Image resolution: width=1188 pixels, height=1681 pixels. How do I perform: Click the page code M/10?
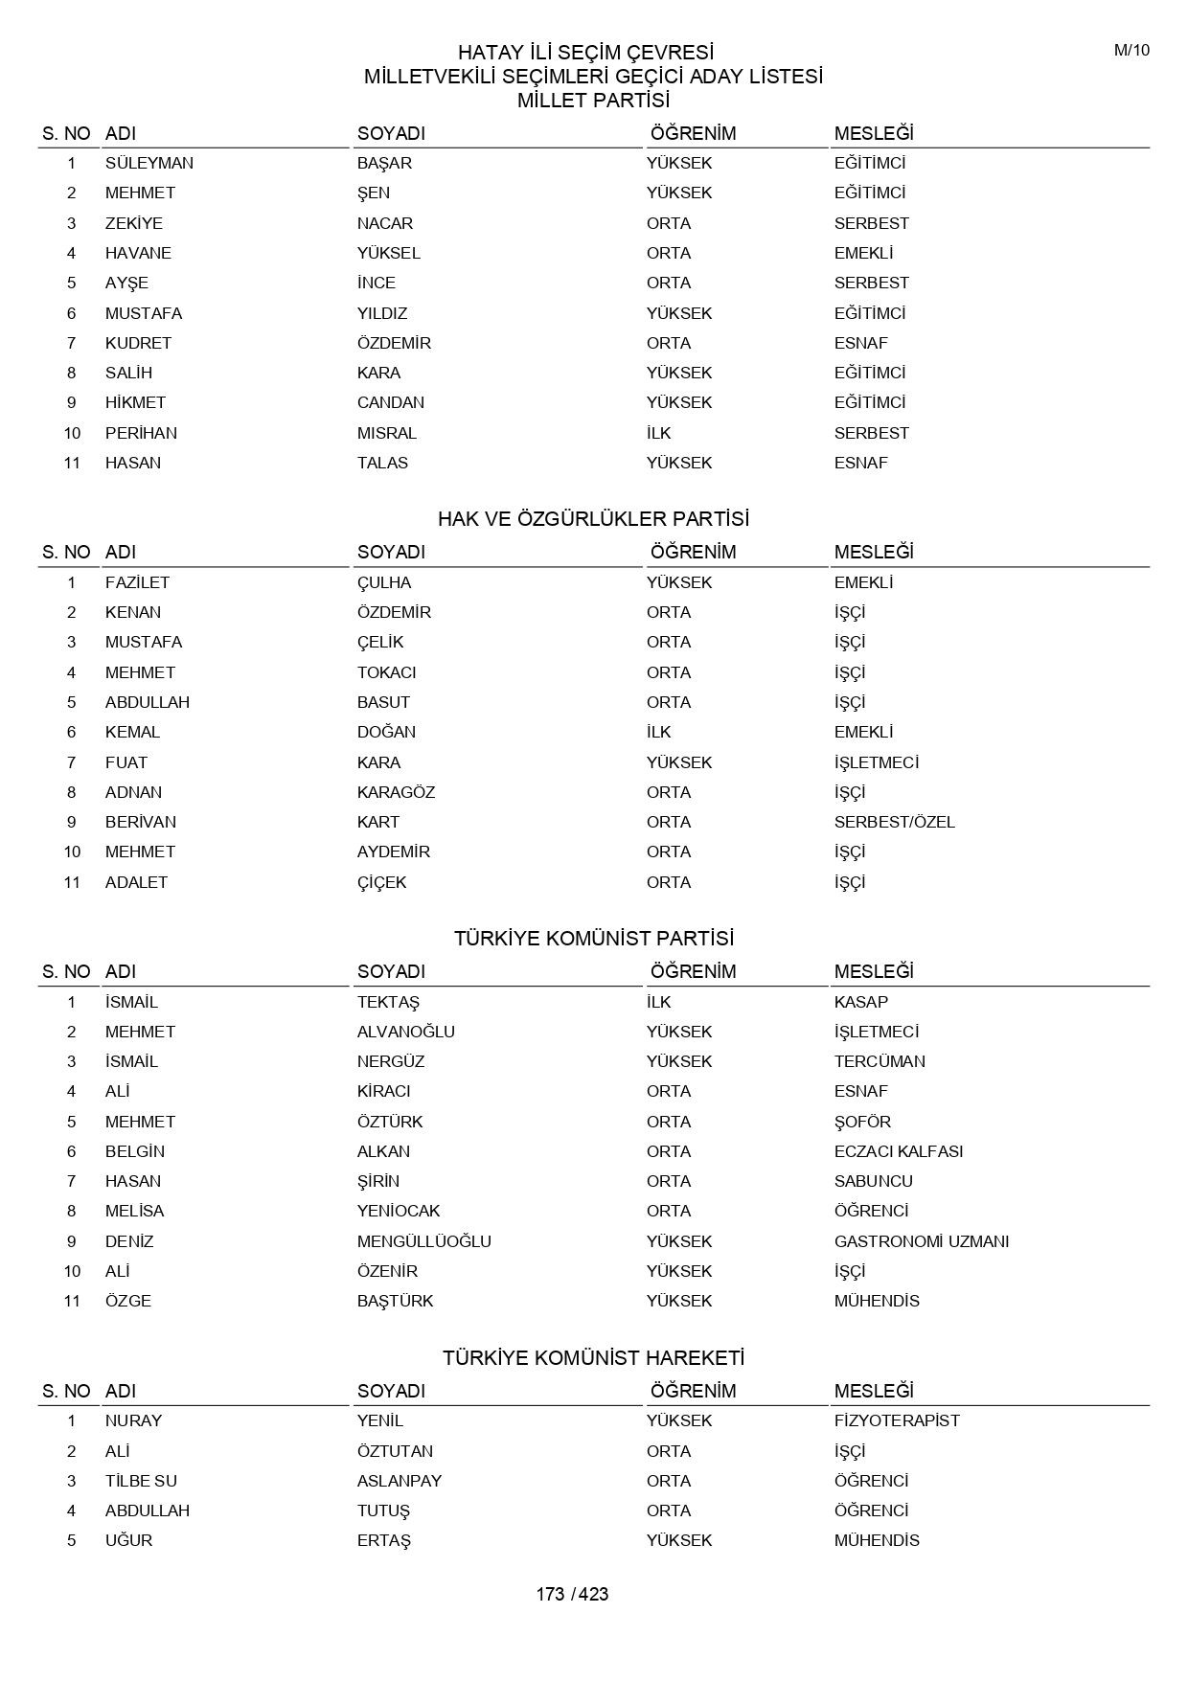tap(1131, 51)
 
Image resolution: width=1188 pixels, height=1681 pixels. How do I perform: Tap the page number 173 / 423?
tap(572, 1594)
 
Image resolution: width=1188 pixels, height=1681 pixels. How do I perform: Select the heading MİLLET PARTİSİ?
tap(593, 101)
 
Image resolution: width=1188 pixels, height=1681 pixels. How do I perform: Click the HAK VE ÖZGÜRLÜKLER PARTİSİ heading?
tap(593, 519)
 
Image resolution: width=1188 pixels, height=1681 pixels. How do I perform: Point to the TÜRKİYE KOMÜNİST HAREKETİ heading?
tap(593, 1358)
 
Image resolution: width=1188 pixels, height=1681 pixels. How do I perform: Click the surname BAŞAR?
tap(384, 163)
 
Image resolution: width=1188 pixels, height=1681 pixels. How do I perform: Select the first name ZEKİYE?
tap(134, 223)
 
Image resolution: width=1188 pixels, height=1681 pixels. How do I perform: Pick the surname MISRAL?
tap(387, 433)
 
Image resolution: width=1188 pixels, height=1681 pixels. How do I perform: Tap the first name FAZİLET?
tap(137, 582)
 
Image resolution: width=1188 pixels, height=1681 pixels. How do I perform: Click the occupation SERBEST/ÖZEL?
tap(894, 822)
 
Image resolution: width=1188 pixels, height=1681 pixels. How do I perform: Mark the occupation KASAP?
tap(860, 1002)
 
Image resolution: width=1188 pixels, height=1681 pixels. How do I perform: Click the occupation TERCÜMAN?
tap(880, 1061)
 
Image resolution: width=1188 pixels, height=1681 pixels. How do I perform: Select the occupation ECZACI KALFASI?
tap(898, 1151)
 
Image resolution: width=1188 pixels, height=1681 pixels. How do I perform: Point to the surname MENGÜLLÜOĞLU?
tap(423, 1241)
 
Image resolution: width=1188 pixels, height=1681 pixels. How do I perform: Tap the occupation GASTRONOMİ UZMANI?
tap(921, 1241)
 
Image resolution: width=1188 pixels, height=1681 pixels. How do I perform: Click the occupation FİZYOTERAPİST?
tap(897, 1420)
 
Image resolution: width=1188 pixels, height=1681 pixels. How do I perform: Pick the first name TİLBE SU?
tap(141, 1481)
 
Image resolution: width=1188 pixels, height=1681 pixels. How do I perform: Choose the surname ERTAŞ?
tap(384, 1540)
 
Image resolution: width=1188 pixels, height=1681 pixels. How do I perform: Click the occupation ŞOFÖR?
tap(862, 1122)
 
